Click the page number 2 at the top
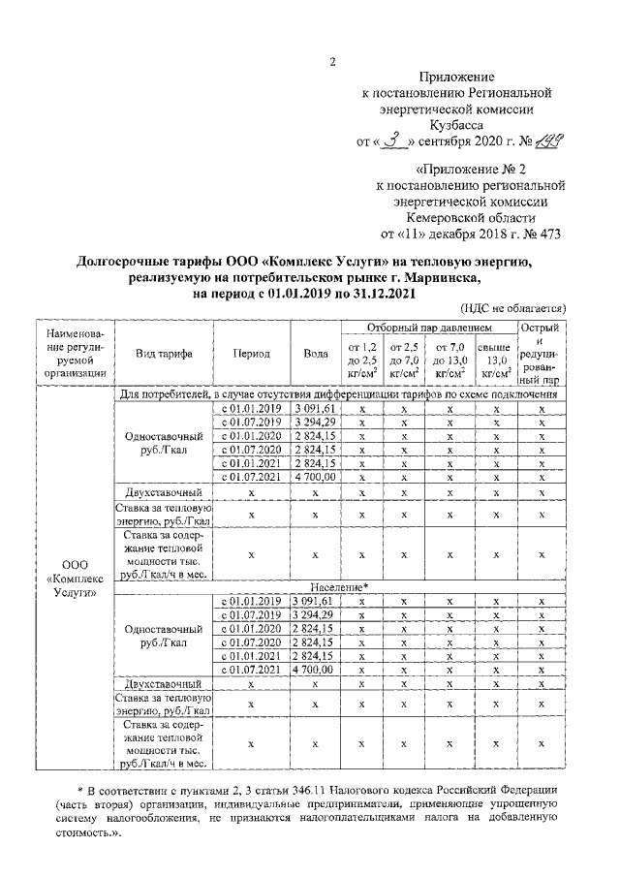[x=332, y=63]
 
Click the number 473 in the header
[x=546, y=234]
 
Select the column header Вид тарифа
[x=164, y=354]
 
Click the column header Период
[x=250, y=354]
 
